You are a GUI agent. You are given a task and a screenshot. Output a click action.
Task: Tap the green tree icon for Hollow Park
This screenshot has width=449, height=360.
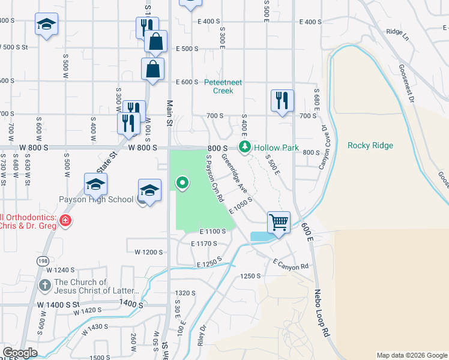tap(244, 146)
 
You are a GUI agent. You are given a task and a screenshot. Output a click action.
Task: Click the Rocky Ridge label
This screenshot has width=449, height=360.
tap(370, 145)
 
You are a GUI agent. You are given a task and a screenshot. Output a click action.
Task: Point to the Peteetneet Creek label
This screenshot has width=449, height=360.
tap(223, 86)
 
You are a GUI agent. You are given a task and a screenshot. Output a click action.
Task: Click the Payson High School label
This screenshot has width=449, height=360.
tap(95, 200)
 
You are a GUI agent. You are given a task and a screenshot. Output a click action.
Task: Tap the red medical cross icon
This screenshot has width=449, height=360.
tap(65, 222)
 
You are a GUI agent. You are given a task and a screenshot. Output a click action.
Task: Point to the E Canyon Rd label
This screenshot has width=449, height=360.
tap(290, 264)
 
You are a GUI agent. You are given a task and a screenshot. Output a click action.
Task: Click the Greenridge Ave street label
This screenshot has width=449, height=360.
tap(235, 174)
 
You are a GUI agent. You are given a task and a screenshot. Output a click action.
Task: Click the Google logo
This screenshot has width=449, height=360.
tap(20, 353)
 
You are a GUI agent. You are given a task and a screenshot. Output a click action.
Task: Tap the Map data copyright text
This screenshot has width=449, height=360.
tap(412, 355)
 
